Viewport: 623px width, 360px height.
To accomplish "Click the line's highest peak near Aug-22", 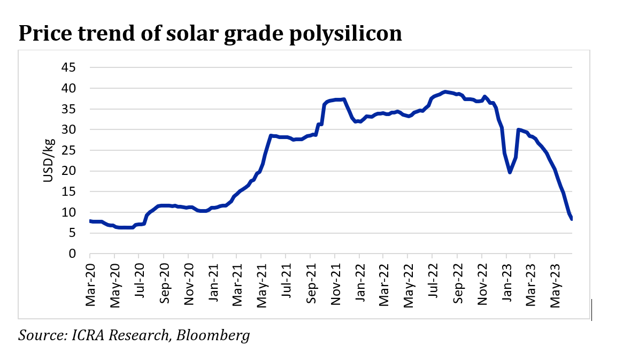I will coord(445,91).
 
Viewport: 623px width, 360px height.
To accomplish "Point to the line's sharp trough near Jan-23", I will coord(510,172).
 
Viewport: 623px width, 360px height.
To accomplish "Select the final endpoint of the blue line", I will coord(572,219).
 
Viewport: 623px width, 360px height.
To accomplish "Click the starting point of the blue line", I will coord(90,221).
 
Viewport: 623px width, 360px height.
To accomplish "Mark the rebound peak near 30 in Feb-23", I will coord(518,129).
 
